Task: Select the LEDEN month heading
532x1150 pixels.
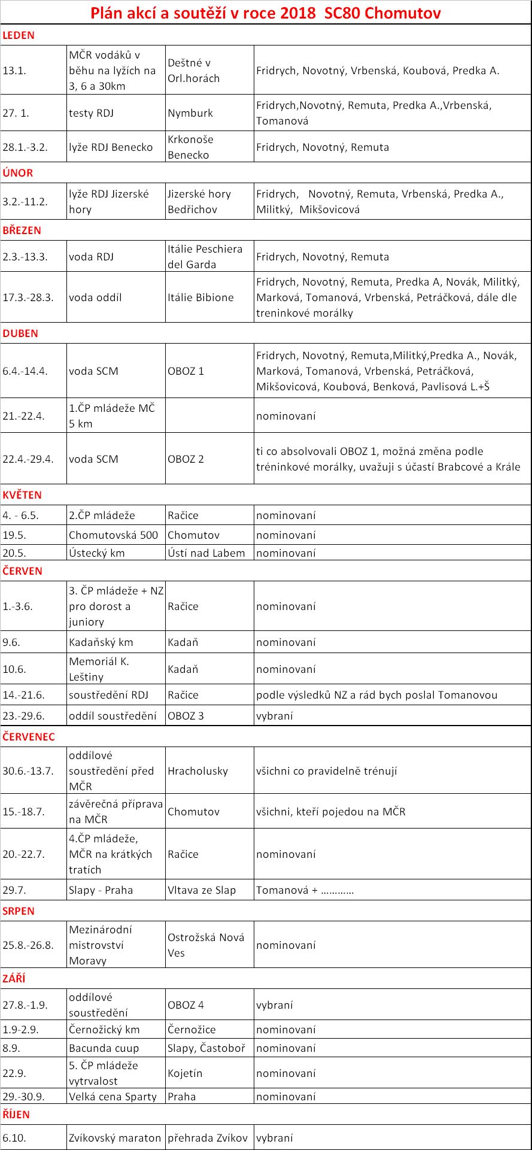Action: pyautogui.click(x=19, y=35)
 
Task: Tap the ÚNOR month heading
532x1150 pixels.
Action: pyautogui.click(x=18, y=173)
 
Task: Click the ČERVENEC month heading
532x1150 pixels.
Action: pyautogui.click(x=29, y=737)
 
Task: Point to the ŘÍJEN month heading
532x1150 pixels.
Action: pyautogui.click(x=16, y=1114)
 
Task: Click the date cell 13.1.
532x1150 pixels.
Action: pyautogui.click(x=14, y=71)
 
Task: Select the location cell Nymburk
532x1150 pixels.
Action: pyautogui.click(x=190, y=113)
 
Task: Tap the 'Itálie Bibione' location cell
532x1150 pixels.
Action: pyautogui.click(x=200, y=298)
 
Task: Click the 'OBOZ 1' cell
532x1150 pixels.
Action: pyautogui.click(x=186, y=371)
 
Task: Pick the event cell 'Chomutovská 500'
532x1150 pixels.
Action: pyautogui.click(x=113, y=535)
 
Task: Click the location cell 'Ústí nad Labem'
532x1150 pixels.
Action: pyautogui.click(x=206, y=553)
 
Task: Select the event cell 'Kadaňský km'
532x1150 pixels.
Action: pyautogui.click(x=101, y=642)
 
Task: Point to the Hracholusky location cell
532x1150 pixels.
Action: pyautogui.click(x=198, y=771)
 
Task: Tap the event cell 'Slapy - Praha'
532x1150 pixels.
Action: pyautogui.click(x=101, y=890)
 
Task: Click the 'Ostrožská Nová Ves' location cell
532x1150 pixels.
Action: pyautogui.click(x=206, y=945)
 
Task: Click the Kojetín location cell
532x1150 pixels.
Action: pyautogui.click(x=185, y=1073)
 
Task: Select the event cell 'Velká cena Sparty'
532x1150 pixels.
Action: pyautogui.click(x=113, y=1097)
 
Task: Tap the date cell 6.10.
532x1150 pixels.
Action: pyautogui.click(x=14, y=1138)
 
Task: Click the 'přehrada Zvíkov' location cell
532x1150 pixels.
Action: pyautogui.click(x=208, y=1138)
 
